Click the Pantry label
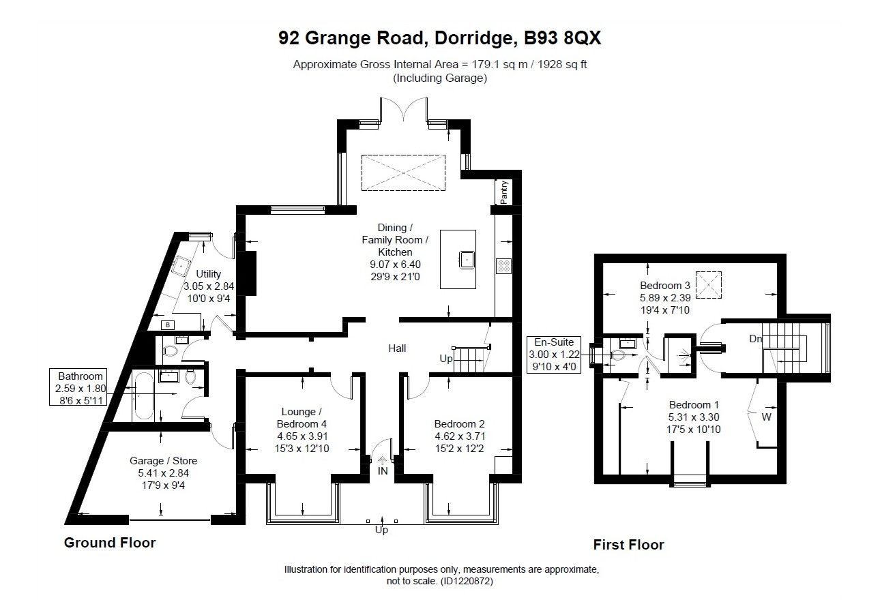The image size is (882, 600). [x=503, y=192]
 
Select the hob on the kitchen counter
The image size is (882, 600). [x=504, y=265]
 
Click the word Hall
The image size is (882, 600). [x=397, y=348]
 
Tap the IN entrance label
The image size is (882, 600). [x=382, y=470]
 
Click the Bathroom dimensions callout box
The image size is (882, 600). [x=80, y=388]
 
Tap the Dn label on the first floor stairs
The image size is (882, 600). [x=756, y=338]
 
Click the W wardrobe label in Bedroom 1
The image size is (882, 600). [x=766, y=417]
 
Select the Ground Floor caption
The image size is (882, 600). [x=110, y=543]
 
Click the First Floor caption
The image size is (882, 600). [x=628, y=544]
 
